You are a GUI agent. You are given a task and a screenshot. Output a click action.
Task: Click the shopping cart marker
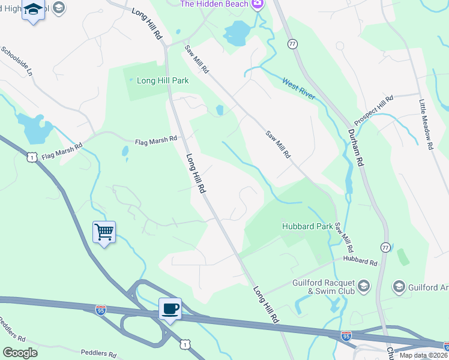(104, 231)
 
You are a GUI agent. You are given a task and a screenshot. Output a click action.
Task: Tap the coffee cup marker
(170, 308)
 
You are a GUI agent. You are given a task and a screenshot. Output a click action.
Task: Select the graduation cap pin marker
(33, 10)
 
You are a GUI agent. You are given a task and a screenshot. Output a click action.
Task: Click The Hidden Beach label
(214, 4)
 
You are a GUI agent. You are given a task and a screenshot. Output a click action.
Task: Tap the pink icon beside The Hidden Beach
(258, 4)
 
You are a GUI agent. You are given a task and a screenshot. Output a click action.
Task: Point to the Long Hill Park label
(163, 80)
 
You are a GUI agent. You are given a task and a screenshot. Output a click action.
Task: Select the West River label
(298, 88)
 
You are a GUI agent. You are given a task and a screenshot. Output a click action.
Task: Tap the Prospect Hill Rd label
(373, 106)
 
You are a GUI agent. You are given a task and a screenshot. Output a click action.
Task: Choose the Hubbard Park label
(307, 227)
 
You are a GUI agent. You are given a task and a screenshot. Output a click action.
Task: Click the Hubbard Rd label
(360, 261)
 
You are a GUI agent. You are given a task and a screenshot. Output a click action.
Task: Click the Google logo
(20, 352)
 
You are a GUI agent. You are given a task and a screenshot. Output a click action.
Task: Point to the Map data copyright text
(424, 355)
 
